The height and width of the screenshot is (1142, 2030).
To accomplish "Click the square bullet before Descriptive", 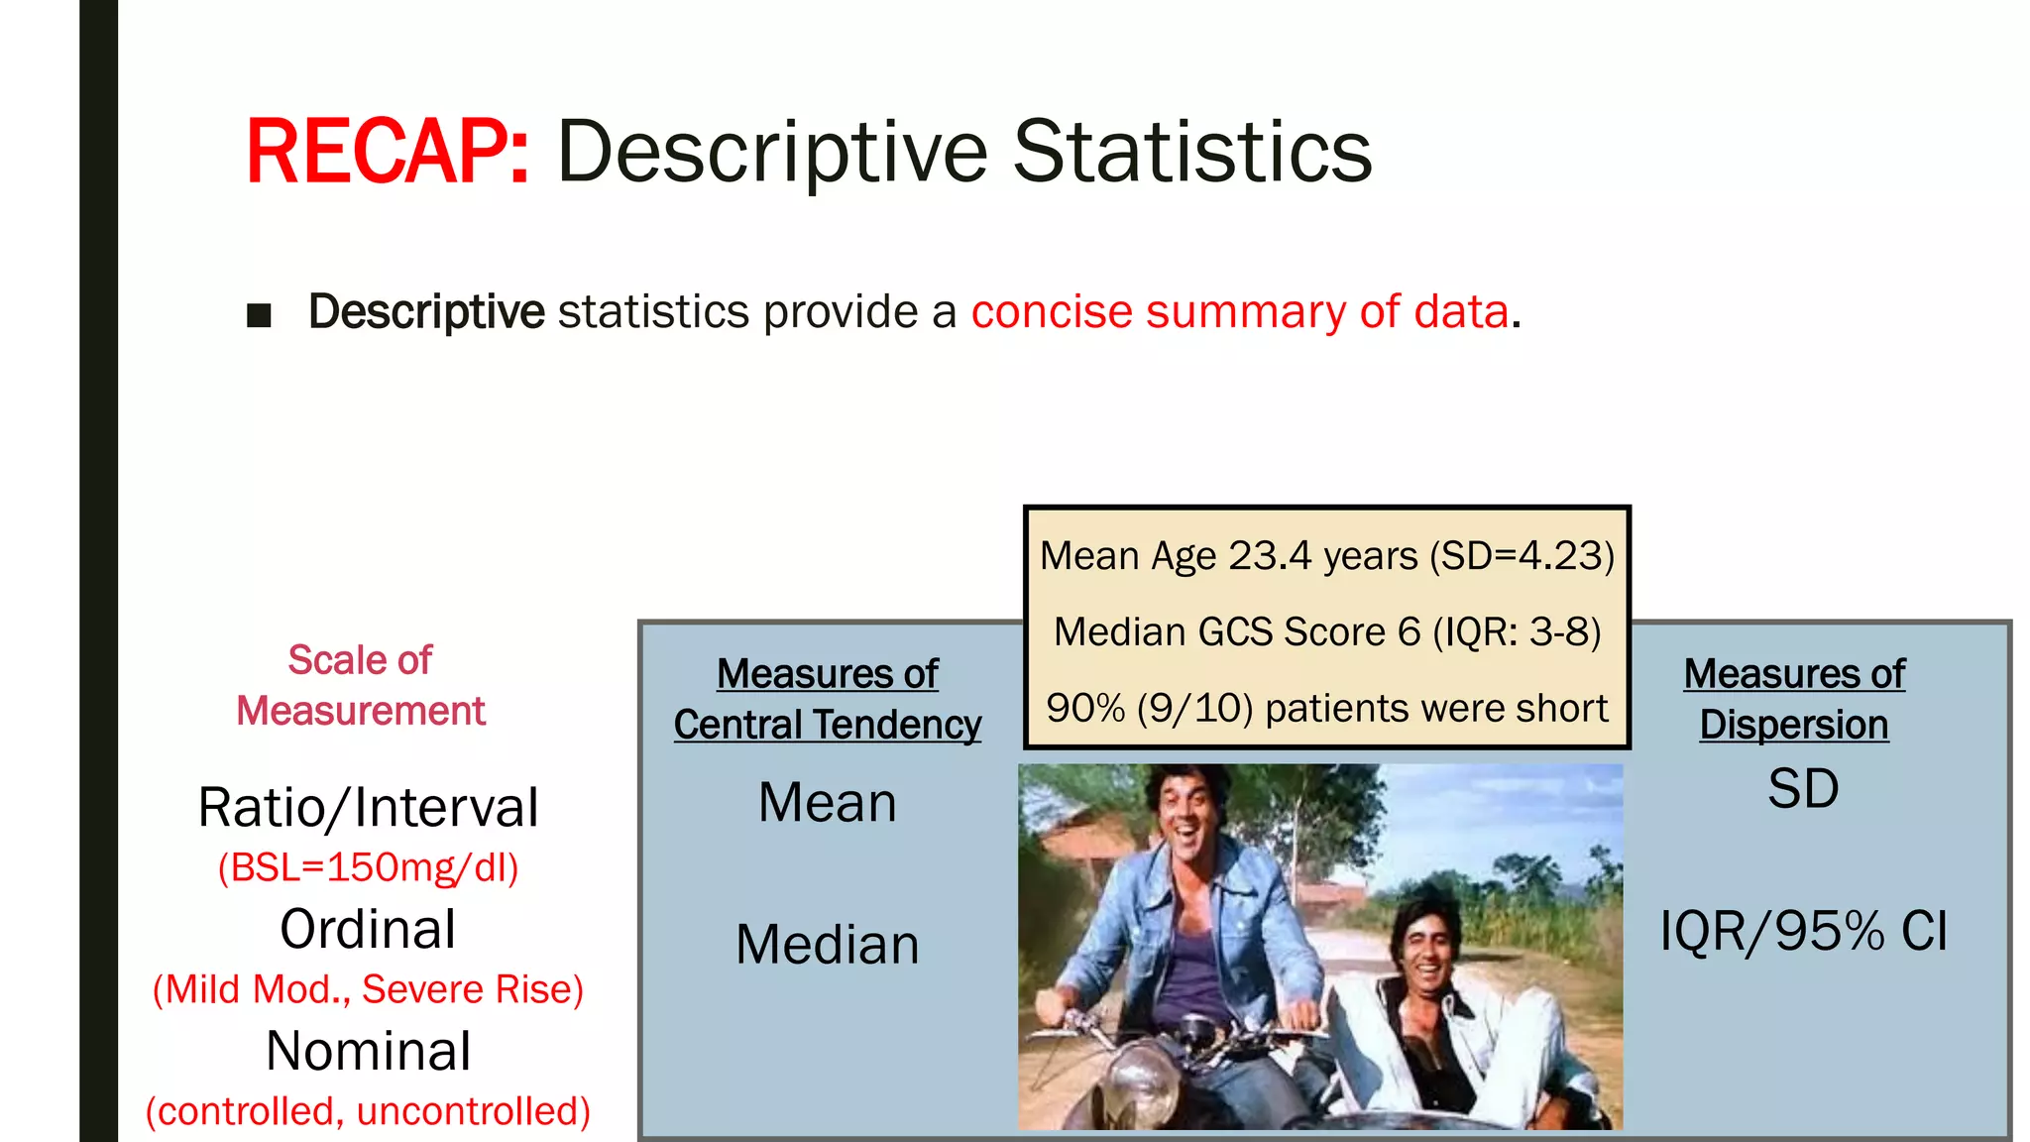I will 260,315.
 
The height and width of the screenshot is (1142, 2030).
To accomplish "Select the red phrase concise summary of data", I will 1239,311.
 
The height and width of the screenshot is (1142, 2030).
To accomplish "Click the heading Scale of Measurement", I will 361,685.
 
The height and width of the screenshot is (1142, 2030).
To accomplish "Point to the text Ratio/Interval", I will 368,807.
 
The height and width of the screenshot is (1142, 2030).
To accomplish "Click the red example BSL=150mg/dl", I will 368,867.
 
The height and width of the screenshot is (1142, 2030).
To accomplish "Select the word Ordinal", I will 368,929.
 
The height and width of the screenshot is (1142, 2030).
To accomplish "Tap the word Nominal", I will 368,1051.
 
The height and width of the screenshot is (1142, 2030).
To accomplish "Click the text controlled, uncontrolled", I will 368,1111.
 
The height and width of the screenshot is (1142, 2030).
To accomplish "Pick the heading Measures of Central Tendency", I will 828,699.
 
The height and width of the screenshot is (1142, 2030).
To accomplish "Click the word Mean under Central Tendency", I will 828,802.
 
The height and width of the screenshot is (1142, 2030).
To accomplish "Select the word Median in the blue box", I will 828,944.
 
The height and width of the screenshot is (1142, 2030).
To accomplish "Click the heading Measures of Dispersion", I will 1794,699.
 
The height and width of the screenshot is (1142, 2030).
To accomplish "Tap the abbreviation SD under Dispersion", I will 1803,789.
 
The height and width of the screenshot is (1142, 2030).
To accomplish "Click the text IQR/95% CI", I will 1803,931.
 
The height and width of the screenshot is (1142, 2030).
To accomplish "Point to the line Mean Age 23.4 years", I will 1327,555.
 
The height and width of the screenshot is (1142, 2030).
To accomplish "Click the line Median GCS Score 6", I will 1327,631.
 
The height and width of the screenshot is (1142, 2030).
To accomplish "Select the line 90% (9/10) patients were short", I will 1327,708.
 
